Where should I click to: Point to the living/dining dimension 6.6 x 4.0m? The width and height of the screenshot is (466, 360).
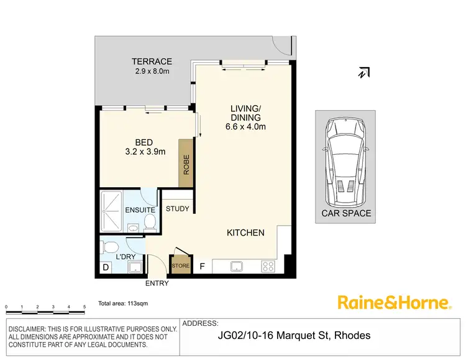[x=245, y=127]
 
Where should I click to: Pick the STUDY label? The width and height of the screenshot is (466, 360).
[x=177, y=209]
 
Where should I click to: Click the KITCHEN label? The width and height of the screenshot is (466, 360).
[x=245, y=233]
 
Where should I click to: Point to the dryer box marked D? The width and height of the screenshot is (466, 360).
[x=105, y=268]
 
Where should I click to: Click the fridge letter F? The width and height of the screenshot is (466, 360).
[x=202, y=267]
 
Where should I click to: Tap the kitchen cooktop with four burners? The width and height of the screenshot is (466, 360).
[x=268, y=266]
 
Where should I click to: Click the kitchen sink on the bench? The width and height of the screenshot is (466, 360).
[x=237, y=266]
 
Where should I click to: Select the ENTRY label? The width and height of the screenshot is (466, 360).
[x=156, y=284]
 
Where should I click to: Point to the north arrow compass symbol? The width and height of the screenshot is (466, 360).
[x=363, y=73]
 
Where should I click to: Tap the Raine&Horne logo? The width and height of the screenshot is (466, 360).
[x=394, y=303]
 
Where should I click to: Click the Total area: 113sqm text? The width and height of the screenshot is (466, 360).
[x=123, y=304]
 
